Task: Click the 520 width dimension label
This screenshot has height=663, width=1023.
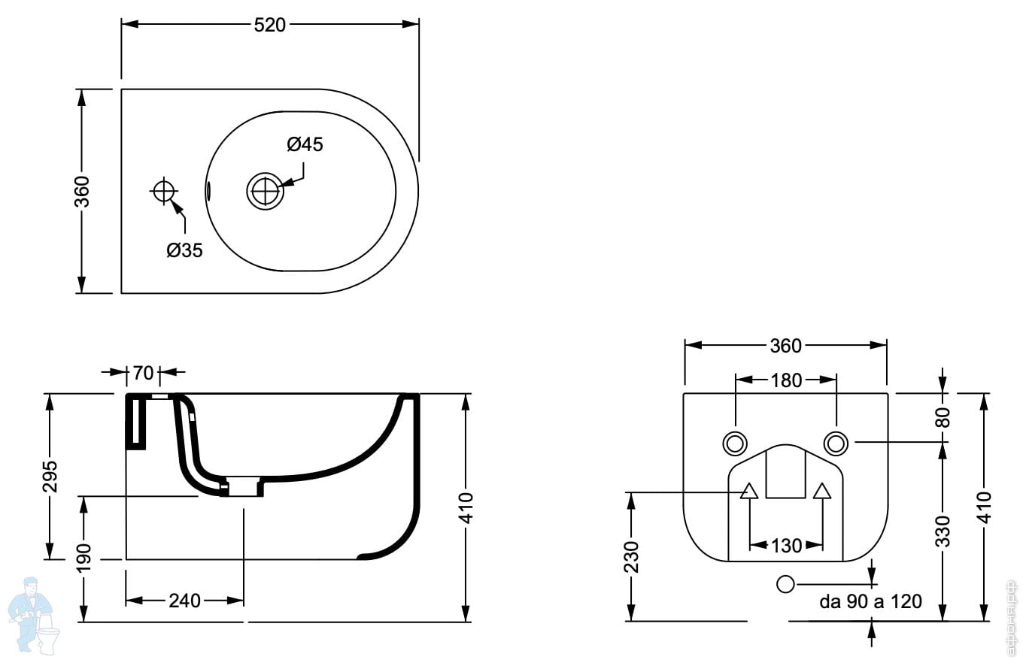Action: click(270, 25)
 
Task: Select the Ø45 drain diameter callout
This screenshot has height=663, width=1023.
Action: click(305, 144)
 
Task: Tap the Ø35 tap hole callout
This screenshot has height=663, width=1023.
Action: click(184, 250)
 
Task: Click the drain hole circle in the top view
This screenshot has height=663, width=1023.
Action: click(265, 190)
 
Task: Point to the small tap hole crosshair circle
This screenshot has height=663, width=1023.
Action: click(163, 191)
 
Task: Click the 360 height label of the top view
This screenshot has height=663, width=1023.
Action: click(82, 191)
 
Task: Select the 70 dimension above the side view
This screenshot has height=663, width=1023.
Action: click(143, 372)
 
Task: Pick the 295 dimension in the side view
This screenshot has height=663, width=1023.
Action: click(50, 476)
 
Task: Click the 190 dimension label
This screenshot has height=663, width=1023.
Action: click(83, 558)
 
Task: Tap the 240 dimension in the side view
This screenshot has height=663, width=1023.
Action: click(184, 600)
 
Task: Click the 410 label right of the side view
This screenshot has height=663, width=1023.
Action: click(466, 508)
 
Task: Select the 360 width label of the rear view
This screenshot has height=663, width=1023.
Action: click(785, 346)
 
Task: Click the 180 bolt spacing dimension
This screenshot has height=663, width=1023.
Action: click(786, 380)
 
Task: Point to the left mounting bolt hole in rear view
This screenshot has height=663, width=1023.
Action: click(734, 444)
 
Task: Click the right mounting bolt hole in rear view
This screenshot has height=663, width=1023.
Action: click(836, 444)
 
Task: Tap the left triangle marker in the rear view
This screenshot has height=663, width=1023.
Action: click(748, 491)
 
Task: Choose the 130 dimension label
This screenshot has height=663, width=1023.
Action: click(786, 545)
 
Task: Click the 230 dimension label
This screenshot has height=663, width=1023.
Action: click(631, 556)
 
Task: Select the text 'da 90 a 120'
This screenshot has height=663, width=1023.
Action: click(870, 601)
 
